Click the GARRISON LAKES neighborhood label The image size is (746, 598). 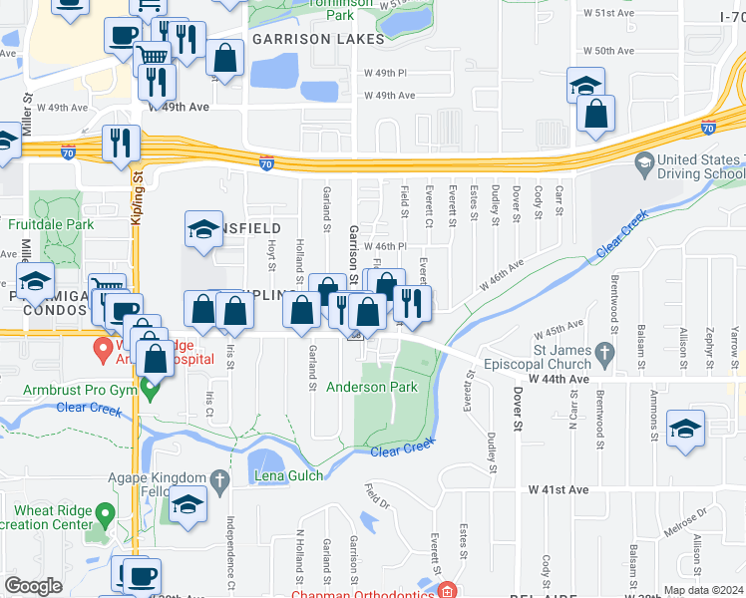[318, 39]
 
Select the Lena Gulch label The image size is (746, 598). [291, 476]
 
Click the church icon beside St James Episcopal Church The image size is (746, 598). [602, 353]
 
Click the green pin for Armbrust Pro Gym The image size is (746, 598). [150, 390]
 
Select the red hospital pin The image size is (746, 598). [102, 349]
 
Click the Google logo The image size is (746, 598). [33, 586]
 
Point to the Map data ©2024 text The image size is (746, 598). [702, 590]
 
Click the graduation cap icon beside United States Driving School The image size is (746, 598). [644, 161]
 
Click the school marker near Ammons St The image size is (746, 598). [685, 428]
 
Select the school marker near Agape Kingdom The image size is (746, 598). [186, 504]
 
